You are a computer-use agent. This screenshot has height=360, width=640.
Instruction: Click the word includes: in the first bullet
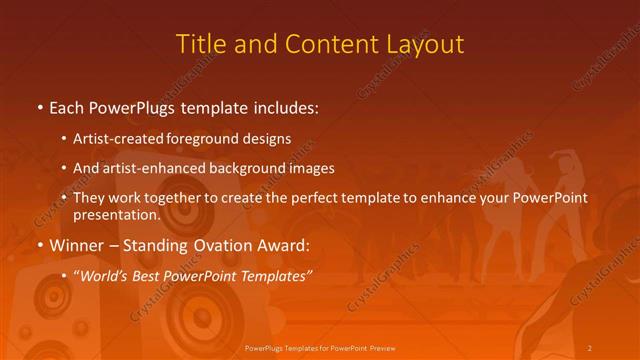point(288,106)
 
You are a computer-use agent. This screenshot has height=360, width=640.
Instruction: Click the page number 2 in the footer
point(590,347)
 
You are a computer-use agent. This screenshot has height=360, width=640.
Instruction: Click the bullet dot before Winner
point(39,244)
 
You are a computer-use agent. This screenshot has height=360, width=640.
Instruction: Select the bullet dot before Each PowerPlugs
point(39,106)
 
